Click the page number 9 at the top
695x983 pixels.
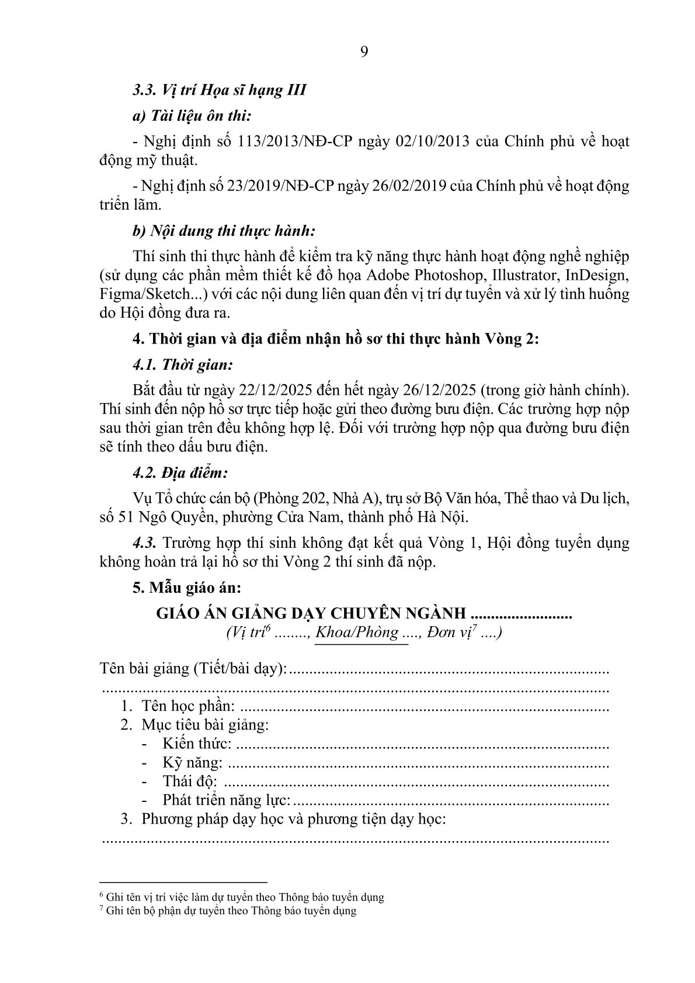pyautogui.click(x=364, y=53)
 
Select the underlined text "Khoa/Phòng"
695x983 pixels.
pyautogui.click(x=357, y=632)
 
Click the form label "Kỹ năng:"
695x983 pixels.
pyautogui.click(x=193, y=763)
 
